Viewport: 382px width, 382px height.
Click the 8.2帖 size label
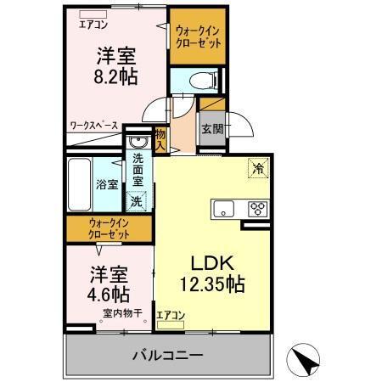click(x=116, y=75)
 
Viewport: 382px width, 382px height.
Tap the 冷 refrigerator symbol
click(x=257, y=168)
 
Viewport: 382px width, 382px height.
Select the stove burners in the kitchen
click(x=257, y=208)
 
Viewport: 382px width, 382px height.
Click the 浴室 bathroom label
click(x=106, y=184)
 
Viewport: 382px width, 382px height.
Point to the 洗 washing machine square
click(x=136, y=202)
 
